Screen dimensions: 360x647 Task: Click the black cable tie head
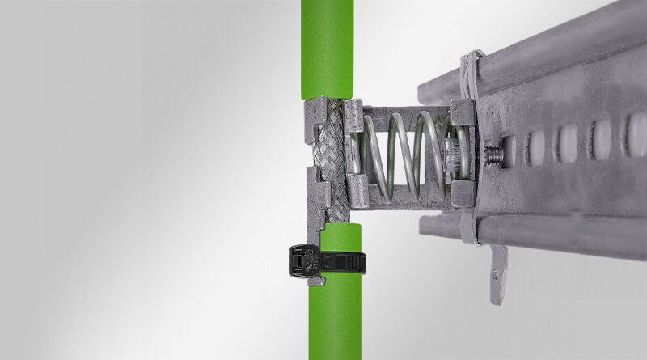(301, 258)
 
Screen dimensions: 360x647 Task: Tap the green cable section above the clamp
(328, 49)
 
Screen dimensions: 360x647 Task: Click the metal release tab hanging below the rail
(498, 275)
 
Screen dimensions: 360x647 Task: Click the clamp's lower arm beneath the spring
(404, 198)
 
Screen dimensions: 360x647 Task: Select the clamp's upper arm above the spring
(404, 109)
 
